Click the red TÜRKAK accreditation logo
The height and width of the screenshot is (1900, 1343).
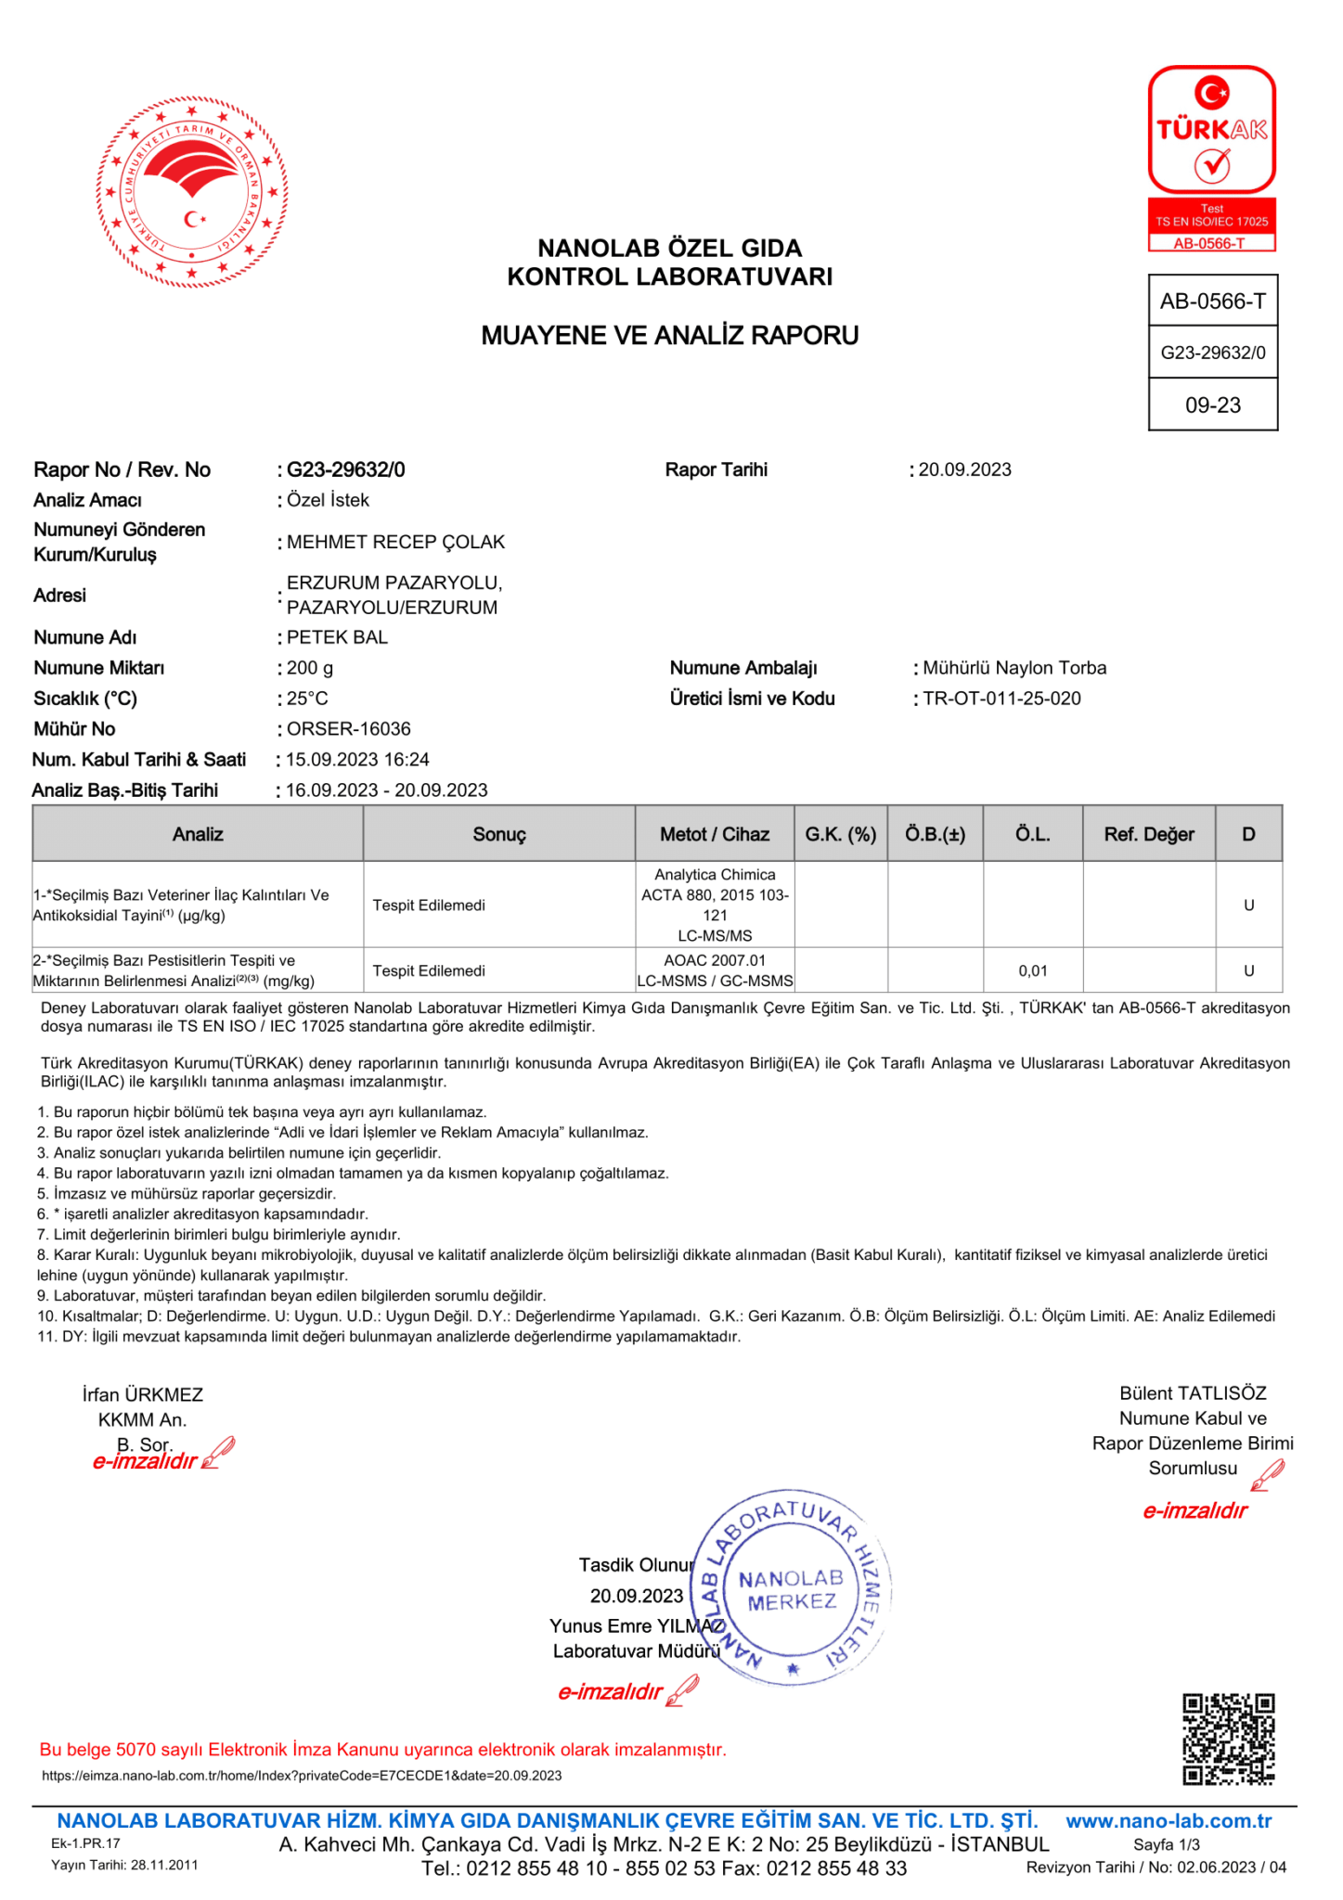(x=1211, y=157)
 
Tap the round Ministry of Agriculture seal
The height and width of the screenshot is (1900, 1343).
(x=192, y=191)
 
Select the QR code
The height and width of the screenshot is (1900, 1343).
(x=1227, y=1739)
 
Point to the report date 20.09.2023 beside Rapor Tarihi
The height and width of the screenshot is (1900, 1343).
(x=964, y=469)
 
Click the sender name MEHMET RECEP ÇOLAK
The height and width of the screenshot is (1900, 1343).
(x=395, y=542)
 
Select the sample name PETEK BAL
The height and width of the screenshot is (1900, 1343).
(x=337, y=637)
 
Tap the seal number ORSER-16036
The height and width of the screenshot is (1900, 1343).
(x=348, y=729)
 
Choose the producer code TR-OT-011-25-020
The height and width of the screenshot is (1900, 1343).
(x=1001, y=699)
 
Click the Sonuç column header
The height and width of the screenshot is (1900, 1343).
(x=498, y=834)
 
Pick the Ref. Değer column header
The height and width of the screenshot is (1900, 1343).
(x=1148, y=834)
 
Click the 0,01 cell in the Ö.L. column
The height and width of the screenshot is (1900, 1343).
(x=1032, y=970)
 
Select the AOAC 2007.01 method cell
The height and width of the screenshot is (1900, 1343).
(x=715, y=961)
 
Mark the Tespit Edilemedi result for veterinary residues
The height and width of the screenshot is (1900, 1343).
(x=429, y=905)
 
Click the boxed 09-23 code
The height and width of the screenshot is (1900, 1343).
(x=1212, y=404)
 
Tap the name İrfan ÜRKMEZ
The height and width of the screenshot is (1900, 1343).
(x=142, y=1394)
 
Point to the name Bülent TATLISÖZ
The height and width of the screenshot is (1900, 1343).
(x=1192, y=1393)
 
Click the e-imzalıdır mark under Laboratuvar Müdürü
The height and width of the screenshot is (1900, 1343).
(x=612, y=1692)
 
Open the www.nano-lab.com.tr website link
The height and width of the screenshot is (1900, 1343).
(x=1168, y=1821)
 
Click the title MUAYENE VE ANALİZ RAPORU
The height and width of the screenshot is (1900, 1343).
(x=669, y=336)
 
